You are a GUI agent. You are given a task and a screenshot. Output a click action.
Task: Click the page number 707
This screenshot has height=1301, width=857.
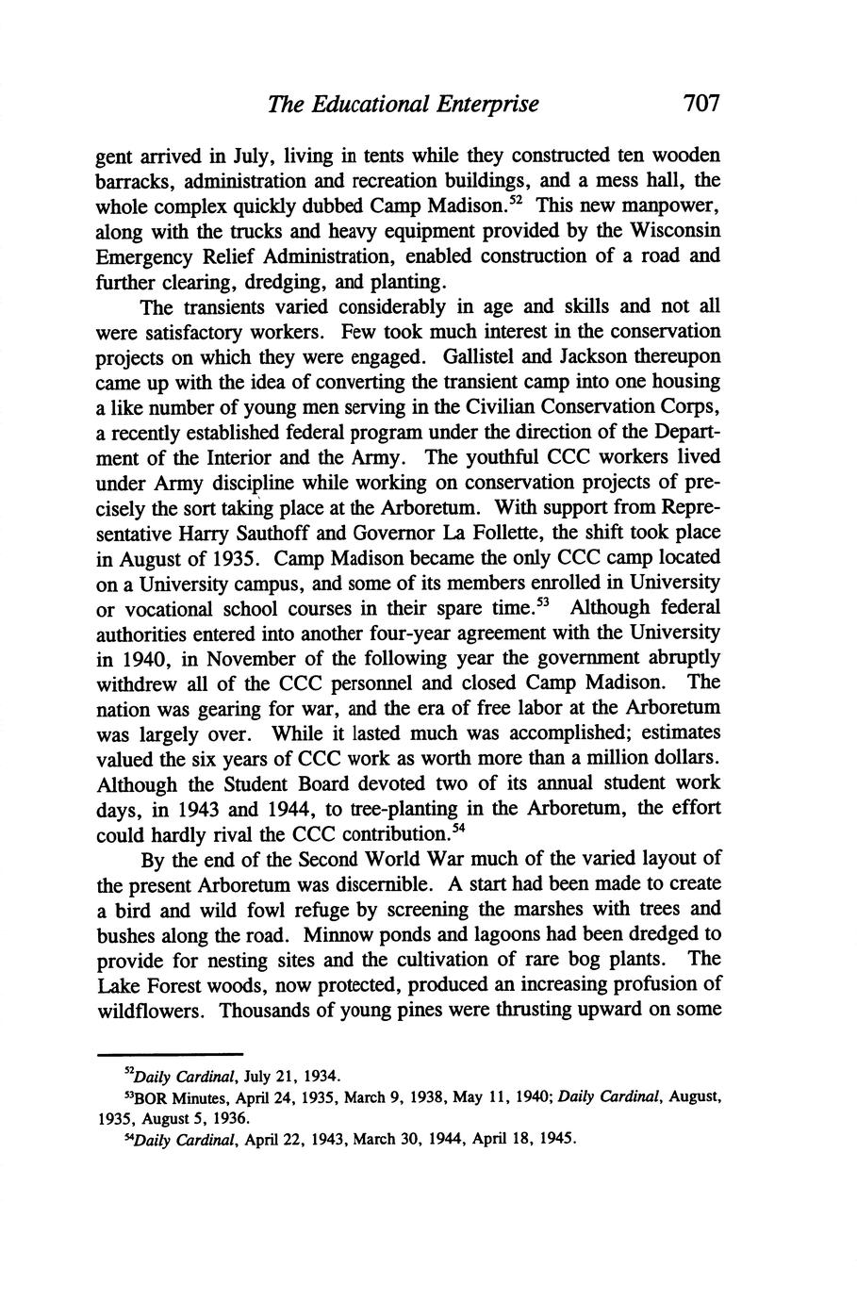coord(701,103)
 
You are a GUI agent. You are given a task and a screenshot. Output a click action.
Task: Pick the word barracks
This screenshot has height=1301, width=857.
coord(129,180)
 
